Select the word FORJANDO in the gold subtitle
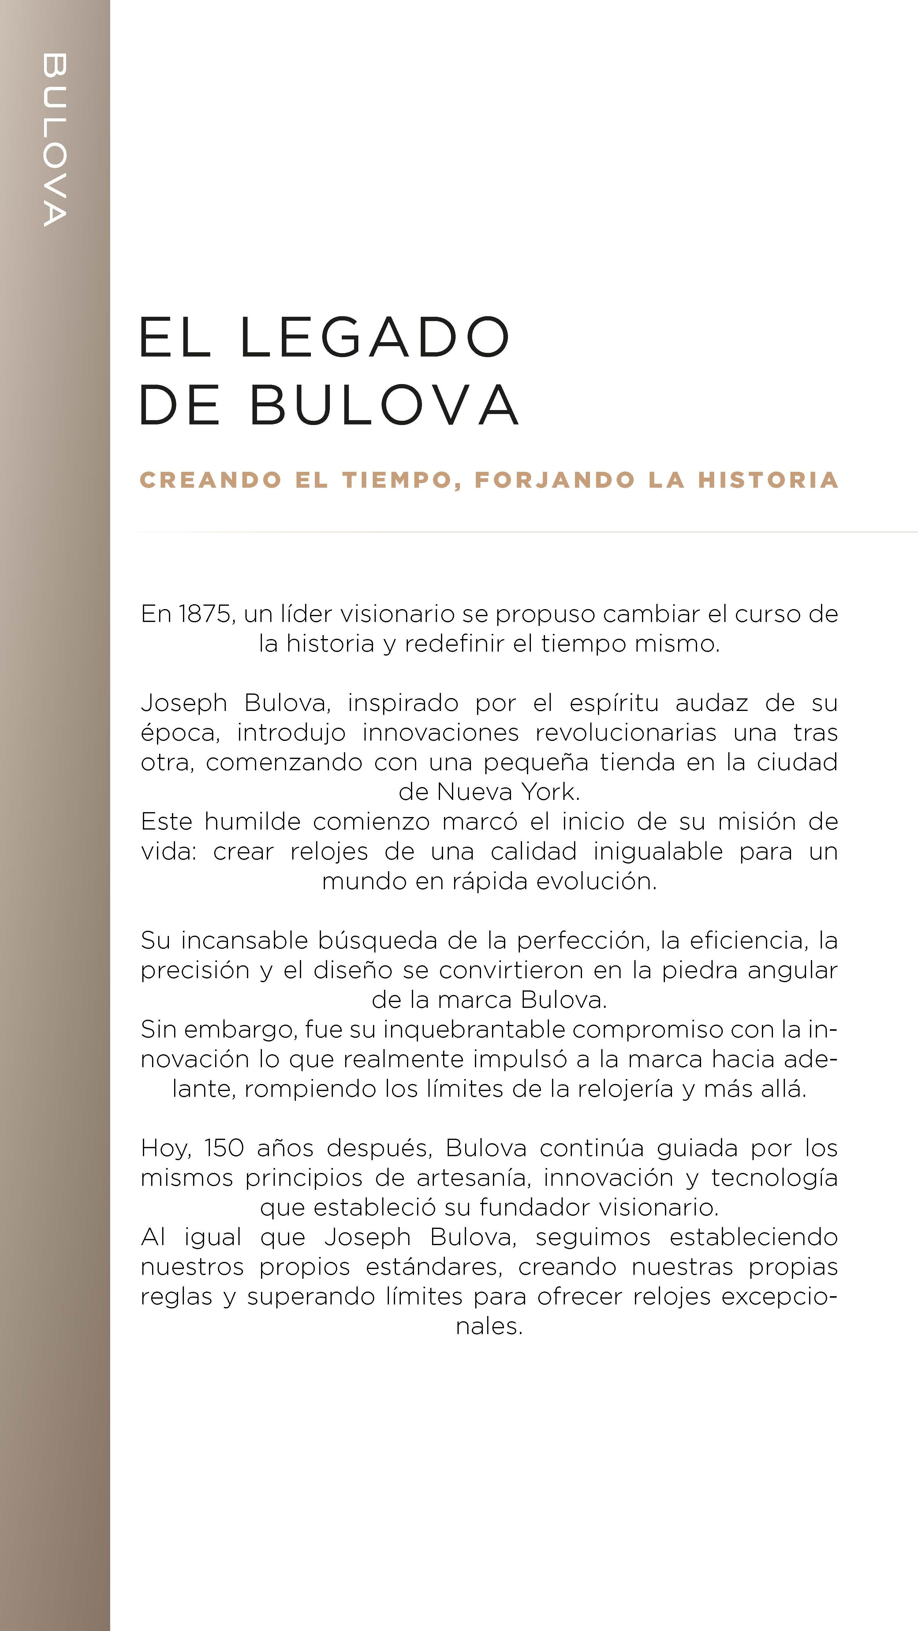click(554, 480)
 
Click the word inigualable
click(658, 851)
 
